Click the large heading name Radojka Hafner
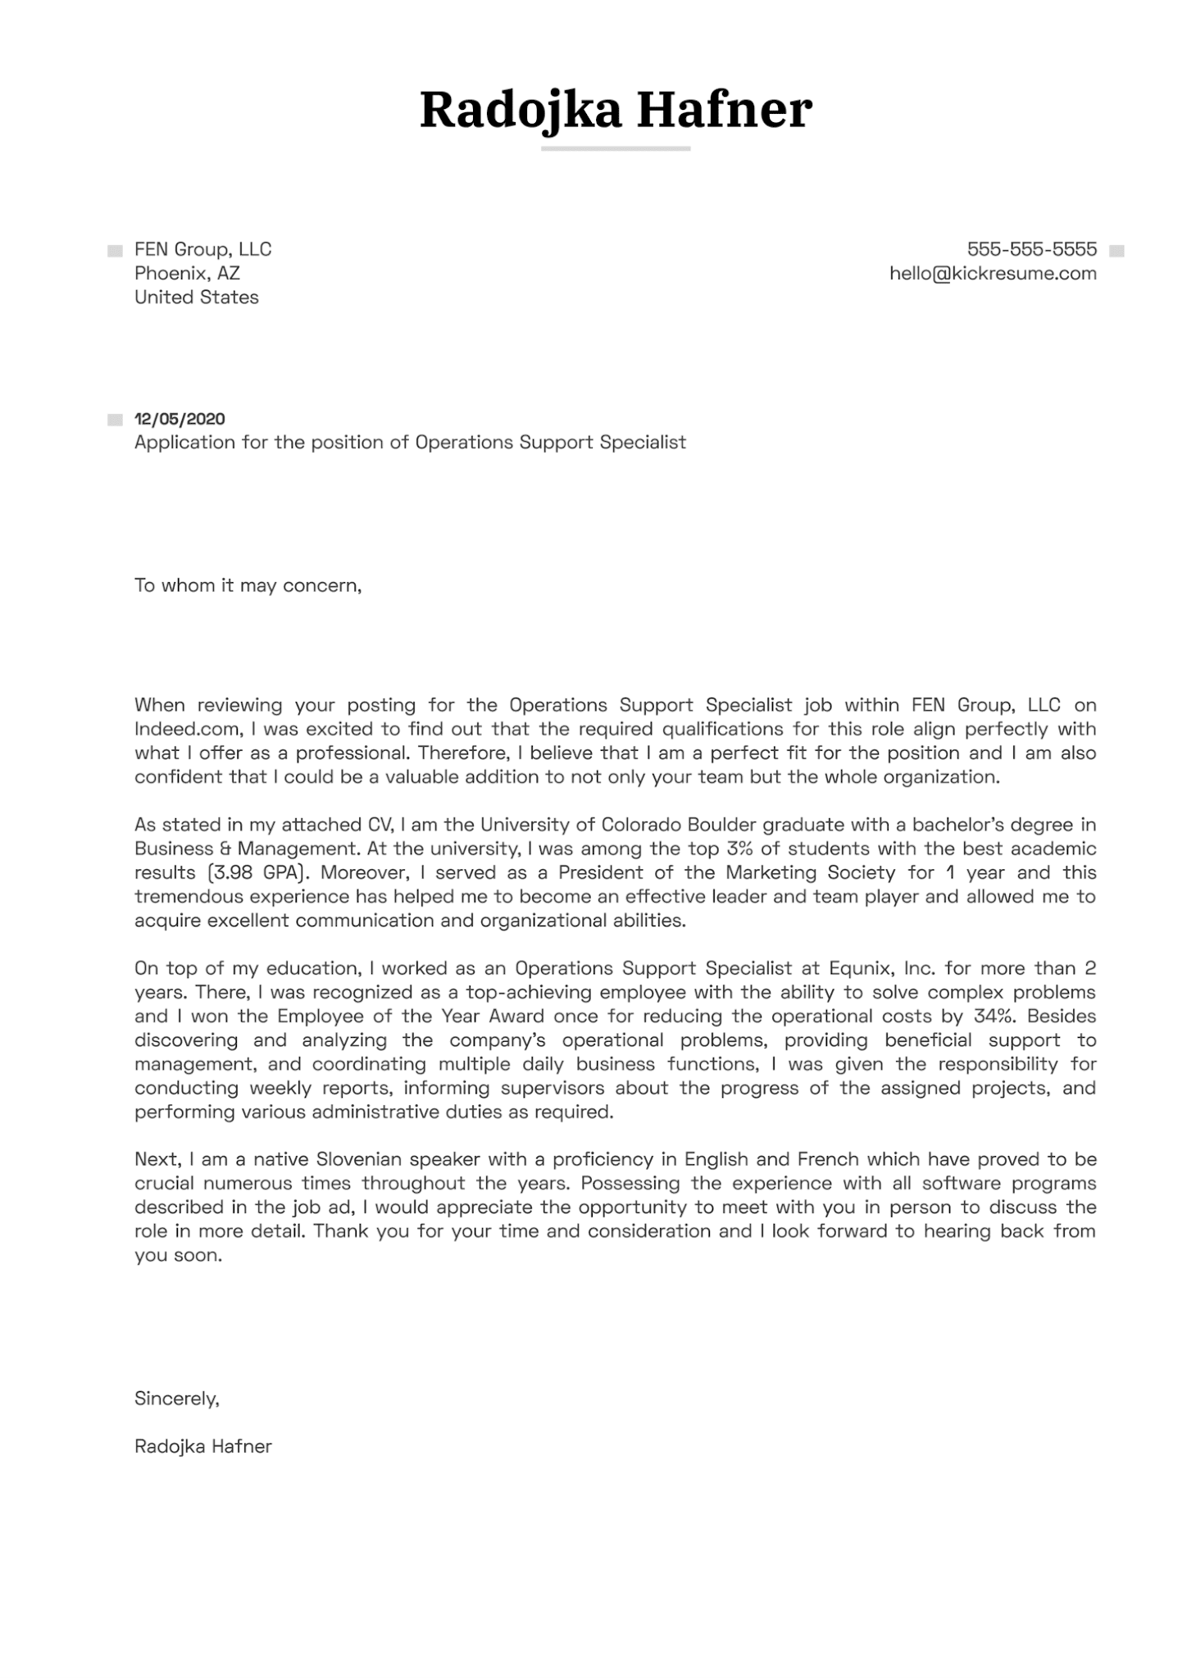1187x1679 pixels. pos(616,110)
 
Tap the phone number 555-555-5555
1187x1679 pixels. pos(1031,249)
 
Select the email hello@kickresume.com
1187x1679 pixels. pos(993,274)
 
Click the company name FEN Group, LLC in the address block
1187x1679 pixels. pos(202,249)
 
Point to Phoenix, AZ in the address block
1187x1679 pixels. pos(187,274)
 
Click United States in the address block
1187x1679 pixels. pos(197,298)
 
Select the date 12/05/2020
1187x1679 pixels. pos(180,419)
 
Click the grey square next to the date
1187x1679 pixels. pos(115,421)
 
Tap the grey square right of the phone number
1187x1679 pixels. pos(1116,251)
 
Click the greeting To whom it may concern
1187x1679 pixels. pos(248,585)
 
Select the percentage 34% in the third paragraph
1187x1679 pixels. pos(994,1016)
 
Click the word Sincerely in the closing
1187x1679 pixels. pos(176,1399)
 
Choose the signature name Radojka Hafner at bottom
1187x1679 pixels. pos(202,1446)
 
